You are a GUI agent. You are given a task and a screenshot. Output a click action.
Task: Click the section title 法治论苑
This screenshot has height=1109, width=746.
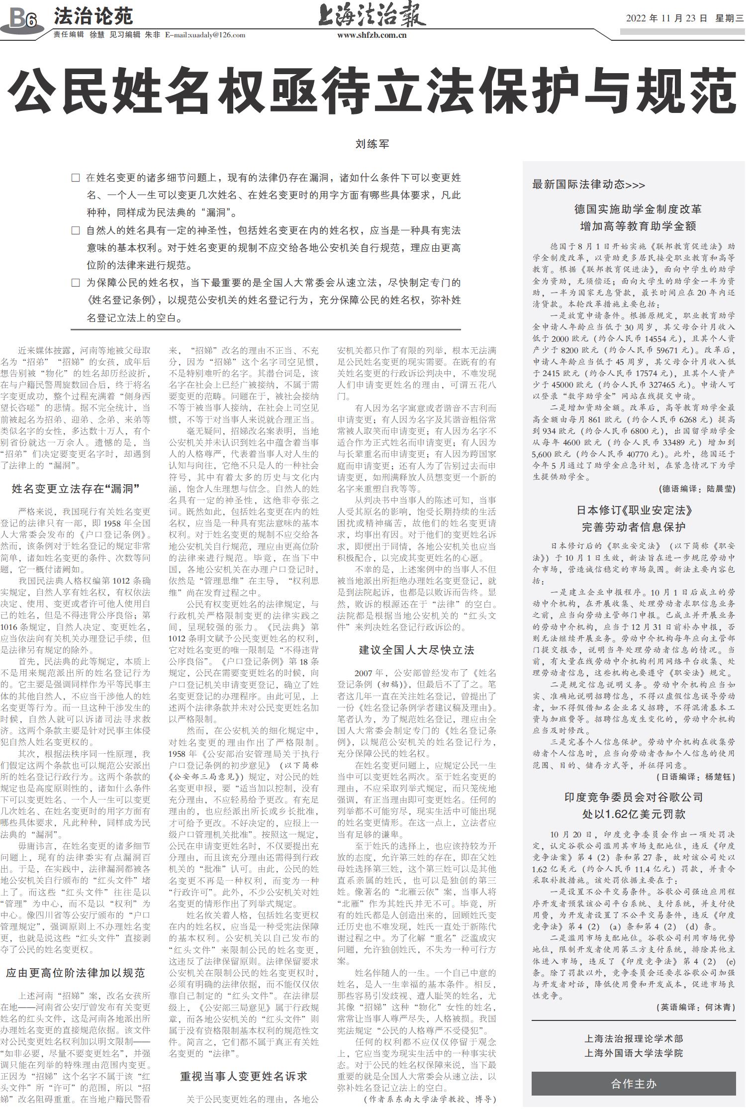[93, 16]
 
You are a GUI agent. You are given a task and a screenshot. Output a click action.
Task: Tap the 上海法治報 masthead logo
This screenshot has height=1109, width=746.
[372, 15]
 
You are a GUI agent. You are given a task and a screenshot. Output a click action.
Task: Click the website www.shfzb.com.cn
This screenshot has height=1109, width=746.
[372, 35]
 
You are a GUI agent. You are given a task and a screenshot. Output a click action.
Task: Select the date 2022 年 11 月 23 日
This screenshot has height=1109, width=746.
[666, 18]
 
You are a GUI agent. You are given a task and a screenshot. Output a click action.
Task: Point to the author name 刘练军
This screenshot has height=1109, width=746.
[372, 144]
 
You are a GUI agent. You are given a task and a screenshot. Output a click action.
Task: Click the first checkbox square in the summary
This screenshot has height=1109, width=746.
[76, 178]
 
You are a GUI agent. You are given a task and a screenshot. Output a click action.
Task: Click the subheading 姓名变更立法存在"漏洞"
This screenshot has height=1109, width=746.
[76, 489]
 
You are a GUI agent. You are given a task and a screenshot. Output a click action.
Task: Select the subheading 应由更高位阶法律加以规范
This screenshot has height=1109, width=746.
[76, 973]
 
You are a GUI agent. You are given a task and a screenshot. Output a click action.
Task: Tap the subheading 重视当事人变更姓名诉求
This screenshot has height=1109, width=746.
[243, 1076]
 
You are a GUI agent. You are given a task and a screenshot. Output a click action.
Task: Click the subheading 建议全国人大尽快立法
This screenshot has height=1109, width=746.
[416, 650]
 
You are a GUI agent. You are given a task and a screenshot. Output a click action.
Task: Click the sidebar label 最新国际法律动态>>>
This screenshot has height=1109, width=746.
[588, 185]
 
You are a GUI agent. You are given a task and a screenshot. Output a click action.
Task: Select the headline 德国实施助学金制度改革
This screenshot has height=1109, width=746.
[638, 209]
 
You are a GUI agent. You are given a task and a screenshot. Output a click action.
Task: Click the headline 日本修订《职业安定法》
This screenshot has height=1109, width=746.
[634, 510]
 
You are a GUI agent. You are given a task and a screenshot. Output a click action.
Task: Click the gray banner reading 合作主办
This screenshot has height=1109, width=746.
[633, 1084]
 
